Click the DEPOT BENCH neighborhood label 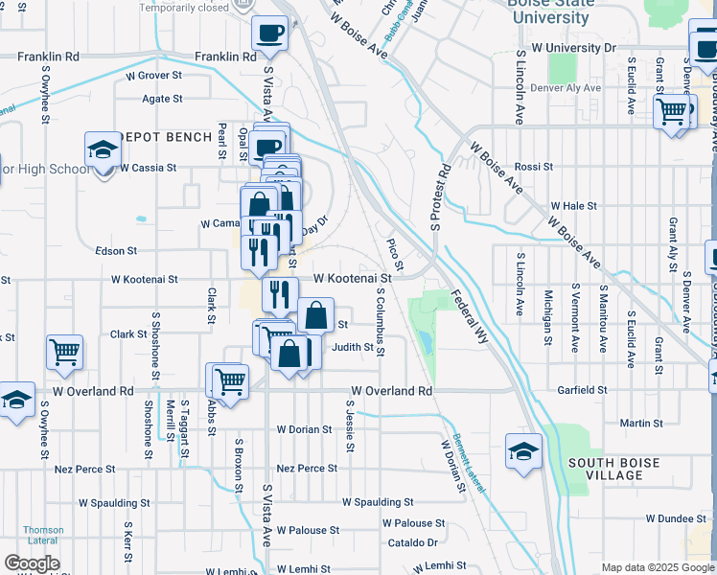tap(169, 137)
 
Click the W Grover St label tap(153, 75)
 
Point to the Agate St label tap(162, 98)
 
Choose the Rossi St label tap(534, 167)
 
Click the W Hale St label tap(574, 206)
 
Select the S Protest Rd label tap(440, 200)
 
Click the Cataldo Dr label tap(412, 542)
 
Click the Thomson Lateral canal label tap(44, 536)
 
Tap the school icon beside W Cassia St tap(103, 150)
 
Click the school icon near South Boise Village tap(523, 451)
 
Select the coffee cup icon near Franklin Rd tap(269, 33)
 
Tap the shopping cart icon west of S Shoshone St tap(65, 351)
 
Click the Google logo tap(32, 563)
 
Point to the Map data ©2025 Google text tap(657, 567)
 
